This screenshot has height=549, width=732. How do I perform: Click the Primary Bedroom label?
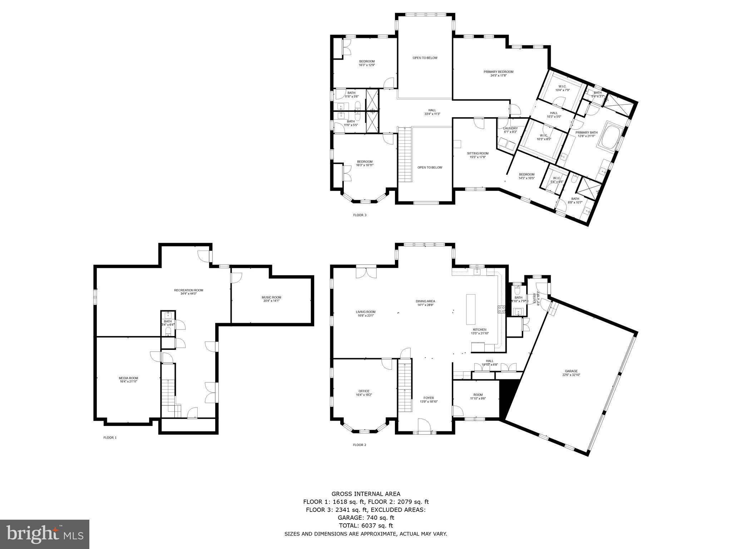point(498,72)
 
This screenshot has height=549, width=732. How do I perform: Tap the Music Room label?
point(271,297)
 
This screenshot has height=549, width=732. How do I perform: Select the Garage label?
point(572,371)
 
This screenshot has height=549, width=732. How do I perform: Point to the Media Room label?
point(128,378)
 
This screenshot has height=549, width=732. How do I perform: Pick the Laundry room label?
point(510,128)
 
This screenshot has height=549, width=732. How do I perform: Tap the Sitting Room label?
point(478,153)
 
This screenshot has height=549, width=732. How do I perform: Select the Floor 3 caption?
point(360,215)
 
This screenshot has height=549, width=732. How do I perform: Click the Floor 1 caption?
point(110,437)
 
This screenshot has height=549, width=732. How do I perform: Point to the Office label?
point(364,391)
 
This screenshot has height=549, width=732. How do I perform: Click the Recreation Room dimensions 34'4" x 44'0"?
point(188,294)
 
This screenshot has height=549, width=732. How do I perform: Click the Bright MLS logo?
point(44,534)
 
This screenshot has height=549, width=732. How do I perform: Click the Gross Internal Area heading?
point(366,494)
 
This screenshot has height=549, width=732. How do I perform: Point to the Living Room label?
point(366,312)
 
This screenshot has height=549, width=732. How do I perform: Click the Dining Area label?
point(425,301)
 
